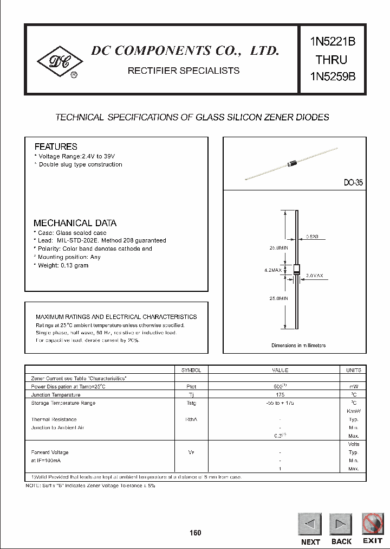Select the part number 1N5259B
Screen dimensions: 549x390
point(333,76)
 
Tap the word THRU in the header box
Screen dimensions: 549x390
point(331,59)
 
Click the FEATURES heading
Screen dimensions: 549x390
point(56,146)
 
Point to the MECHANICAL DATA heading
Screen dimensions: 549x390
point(75,223)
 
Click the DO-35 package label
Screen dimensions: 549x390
point(353,183)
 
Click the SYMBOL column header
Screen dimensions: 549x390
point(191,370)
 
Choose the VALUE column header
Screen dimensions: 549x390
point(279,370)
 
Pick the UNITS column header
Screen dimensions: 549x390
point(353,370)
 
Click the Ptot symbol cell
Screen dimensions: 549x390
point(191,386)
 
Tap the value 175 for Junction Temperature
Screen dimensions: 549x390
point(279,395)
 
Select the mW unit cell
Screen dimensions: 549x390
point(353,386)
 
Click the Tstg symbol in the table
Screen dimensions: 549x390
point(191,403)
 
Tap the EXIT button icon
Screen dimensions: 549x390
point(373,524)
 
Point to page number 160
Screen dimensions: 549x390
point(196,533)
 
